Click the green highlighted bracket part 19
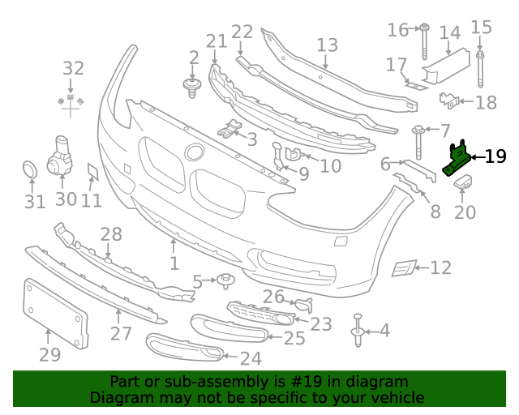(x=458, y=158)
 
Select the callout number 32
(x=73, y=69)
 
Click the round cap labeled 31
(x=29, y=170)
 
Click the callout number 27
(x=121, y=333)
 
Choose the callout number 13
(x=327, y=45)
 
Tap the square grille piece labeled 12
(x=403, y=268)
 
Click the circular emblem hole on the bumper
(x=195, y=152)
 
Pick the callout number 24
(x=251, y=357)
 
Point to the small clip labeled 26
(x=304, y=305)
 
